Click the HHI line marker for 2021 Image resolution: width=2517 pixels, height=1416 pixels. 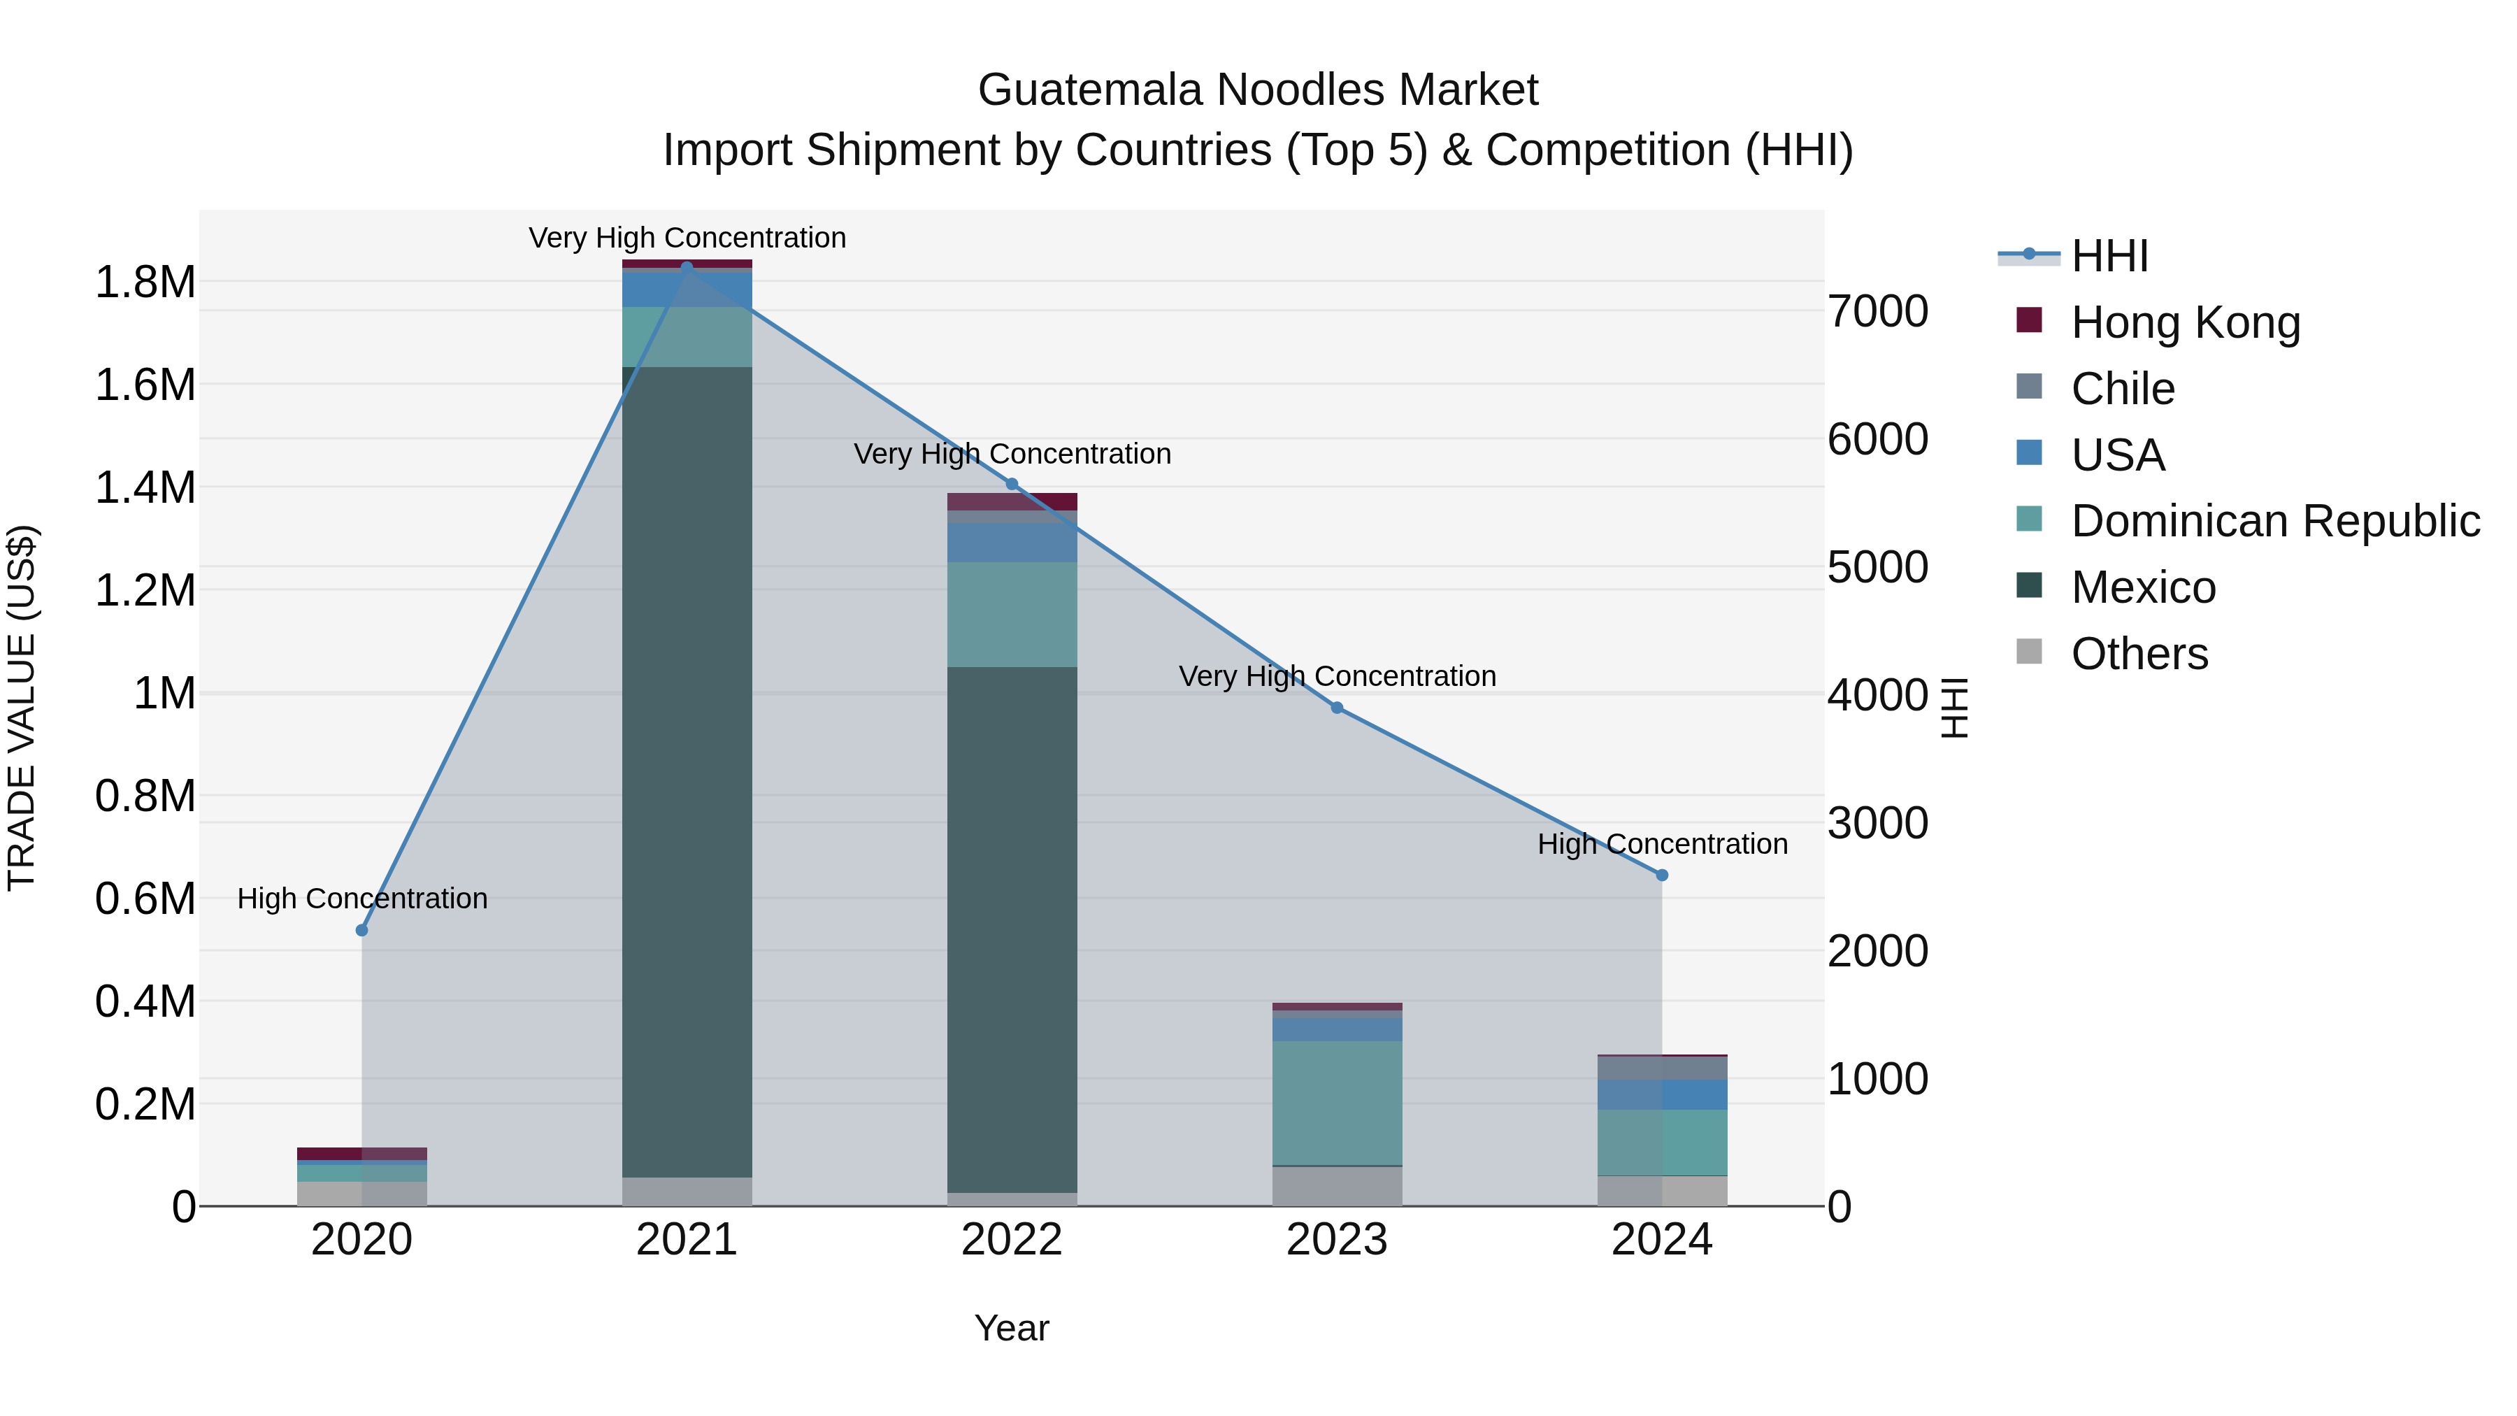point(687,267)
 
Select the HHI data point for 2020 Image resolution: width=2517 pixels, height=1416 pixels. point(361,930)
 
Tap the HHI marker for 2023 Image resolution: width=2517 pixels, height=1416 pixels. point(1337,708)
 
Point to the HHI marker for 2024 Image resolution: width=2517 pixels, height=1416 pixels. point(1662,875)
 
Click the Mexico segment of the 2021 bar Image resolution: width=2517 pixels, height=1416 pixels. point(687,772)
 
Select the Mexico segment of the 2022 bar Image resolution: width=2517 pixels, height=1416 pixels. point(1012,929)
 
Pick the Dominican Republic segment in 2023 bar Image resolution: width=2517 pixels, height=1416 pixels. point(1337,1102)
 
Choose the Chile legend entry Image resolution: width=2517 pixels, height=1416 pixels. point(2122,389)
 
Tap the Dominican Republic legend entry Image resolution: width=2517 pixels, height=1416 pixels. point(2274,521)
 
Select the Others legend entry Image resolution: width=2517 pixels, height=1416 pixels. point(2139,654)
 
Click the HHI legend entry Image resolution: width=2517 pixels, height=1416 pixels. point(2109,256)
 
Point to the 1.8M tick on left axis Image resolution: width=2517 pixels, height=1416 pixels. point(145,283)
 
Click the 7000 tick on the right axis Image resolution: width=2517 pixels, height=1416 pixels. point(1877,312)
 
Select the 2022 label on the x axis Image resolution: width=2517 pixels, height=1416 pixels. point(1012,1240)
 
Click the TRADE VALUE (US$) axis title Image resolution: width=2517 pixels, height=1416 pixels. point(22,708)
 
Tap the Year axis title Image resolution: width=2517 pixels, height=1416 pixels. point(1012,1328)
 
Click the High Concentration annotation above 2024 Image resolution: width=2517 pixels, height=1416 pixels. point(1662,843)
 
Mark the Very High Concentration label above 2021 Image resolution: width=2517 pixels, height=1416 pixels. point(687,238)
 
